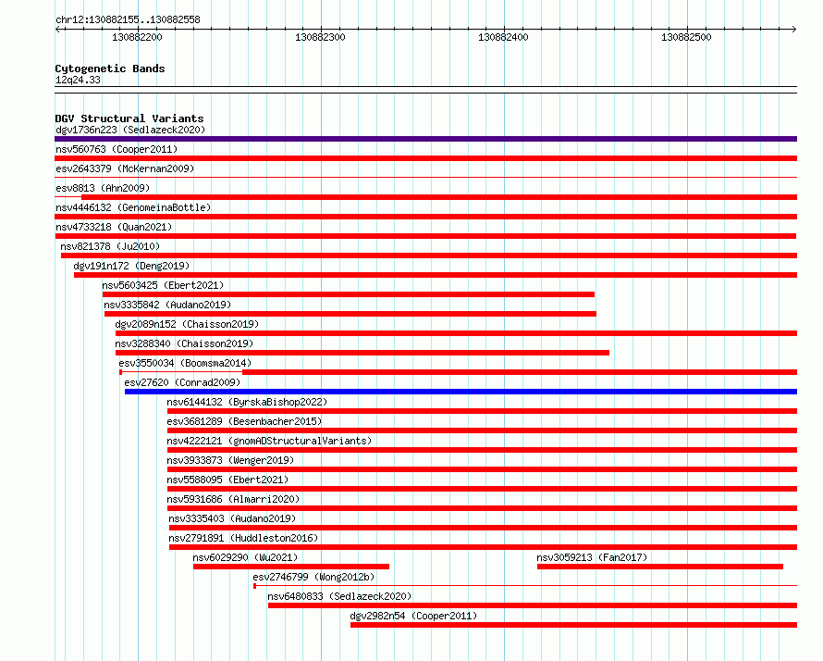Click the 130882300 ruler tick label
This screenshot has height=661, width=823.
pyautogui.click(x=320, y=37)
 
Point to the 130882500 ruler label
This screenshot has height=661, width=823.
pyautogui.click(x=686, y=37)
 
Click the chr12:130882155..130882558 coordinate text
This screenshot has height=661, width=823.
pyautogui.click(x=128, y=20)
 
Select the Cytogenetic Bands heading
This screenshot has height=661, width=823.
pyautogui.click(x=110, y=69)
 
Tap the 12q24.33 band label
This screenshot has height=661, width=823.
pyautogui.click(x=78, y=80)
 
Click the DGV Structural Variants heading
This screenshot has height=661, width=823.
pyautogui.click(x=129, y=118)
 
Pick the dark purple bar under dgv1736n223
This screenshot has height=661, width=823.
pyautogui.click(x=425, y=139)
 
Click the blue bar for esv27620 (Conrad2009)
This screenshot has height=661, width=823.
pyautogui.click(x=461, y=392)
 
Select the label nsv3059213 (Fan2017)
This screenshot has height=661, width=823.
pyautogui.click(x=592, y=557)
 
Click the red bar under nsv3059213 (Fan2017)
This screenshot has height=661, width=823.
pyautogui.click(x=660, y=567)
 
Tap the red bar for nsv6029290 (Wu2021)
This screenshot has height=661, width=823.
pyautogui.click(x=291, y=567)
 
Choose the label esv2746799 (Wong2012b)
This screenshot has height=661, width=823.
pyautogui.click(x=313, y=577)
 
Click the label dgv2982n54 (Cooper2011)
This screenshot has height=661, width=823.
pyautogui.click(x=413, y=616)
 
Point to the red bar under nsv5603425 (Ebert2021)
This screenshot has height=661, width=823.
pyautogui.click(x=349, y=294)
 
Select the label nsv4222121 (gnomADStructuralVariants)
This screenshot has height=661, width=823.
pyautogui.click(x=269, y=441)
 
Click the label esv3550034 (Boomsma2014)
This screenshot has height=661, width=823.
pyautogui.click(x=185, y=363)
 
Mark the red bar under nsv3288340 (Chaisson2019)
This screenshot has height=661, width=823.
pyautogui.click(x=362, y=353)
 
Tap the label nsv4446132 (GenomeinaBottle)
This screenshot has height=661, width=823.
pyautogui.click(x=133, y=207)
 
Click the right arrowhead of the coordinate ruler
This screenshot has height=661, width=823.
pyautogui.click(x=794, y=29)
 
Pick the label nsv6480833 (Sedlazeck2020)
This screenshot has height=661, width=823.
pyautogui.click(x=339, y=596)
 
